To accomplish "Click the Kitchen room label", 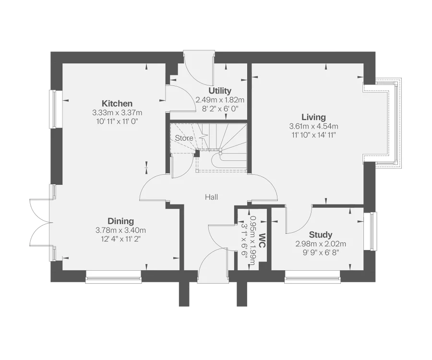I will [117, 103].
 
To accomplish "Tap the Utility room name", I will [220, 91].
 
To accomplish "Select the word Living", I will [313, 117].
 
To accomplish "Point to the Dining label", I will [120, 221].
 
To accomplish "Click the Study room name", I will [321, 235].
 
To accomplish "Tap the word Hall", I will [212, 197].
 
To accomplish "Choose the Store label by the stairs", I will [183, 138].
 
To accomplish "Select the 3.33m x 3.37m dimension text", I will [118, 113].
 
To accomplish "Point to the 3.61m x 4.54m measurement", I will [313, 126].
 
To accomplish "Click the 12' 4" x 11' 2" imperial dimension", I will [120, 239].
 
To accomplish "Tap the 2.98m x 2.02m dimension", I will [321, 244].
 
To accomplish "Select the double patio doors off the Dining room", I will [38, 222].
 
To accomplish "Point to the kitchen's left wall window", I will [53, 109].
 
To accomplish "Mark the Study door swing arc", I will [298, 221].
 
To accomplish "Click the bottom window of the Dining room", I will [114, 276].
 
